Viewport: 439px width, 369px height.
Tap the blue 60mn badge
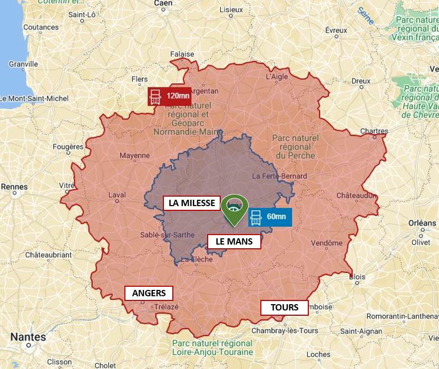270,217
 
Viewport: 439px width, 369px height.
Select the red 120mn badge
170,96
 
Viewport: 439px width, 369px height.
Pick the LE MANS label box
234,241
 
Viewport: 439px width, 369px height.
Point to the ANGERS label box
149,293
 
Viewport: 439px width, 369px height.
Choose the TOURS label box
285,307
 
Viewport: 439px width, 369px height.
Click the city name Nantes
28,337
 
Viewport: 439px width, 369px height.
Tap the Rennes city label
14,187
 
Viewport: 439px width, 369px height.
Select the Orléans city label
422,223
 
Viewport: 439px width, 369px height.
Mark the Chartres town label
374,131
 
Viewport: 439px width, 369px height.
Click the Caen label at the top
163,3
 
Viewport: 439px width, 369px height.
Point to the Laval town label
116,195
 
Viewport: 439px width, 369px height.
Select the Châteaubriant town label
48,255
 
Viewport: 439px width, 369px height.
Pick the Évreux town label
336,30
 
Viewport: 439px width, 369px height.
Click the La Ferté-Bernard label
279,176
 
